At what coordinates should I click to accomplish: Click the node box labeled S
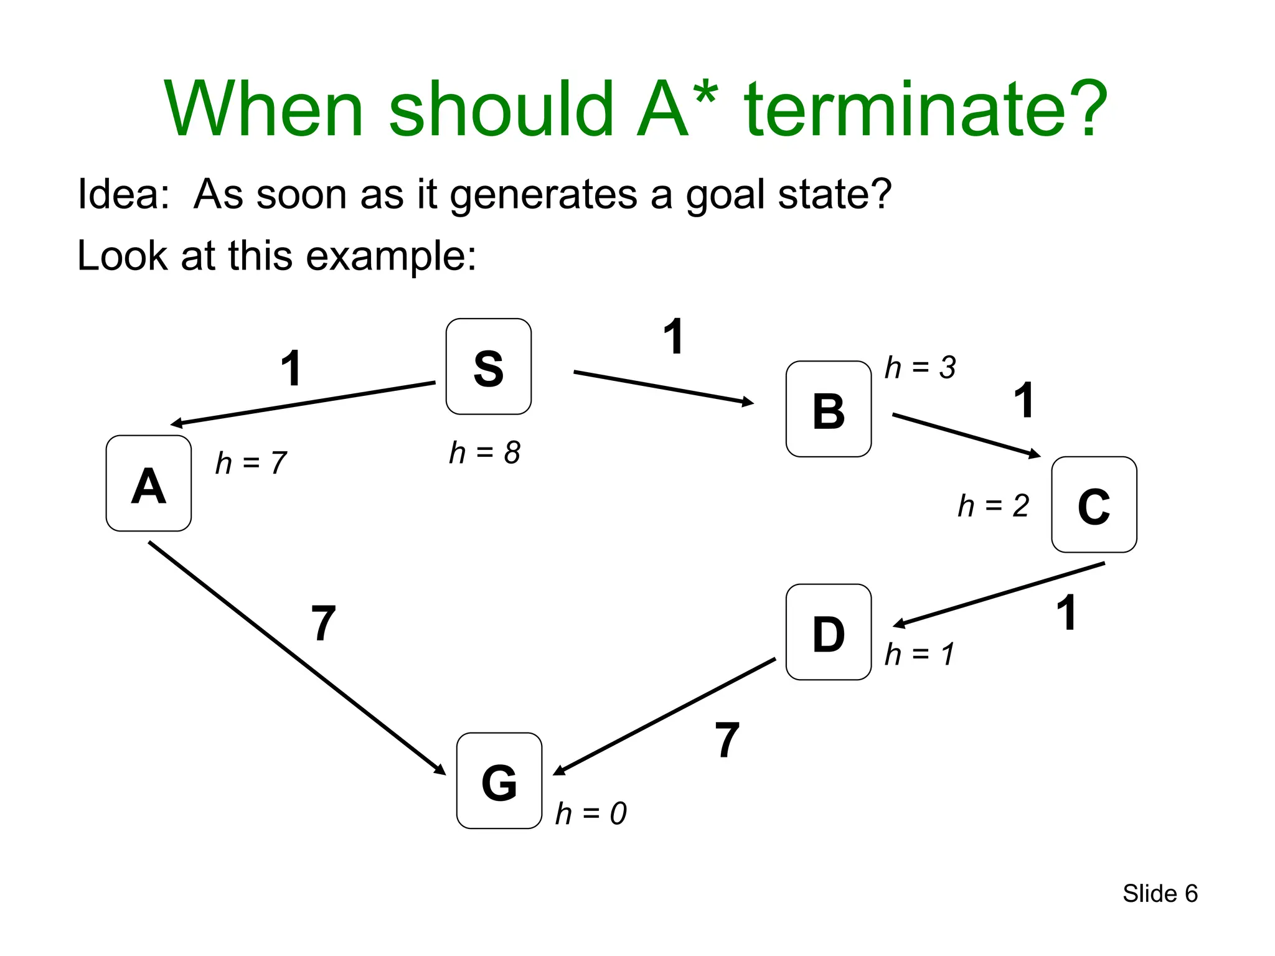(489, 367)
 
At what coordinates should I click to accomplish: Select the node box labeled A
(149, 484)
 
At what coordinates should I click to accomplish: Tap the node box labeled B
(829, 409)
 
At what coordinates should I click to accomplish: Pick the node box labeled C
(1094, 505)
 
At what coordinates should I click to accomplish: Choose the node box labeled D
(829, 632)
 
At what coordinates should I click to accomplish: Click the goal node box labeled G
(499, 780)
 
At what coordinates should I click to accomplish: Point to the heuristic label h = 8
(484, 452)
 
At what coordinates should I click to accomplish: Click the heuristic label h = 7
(251, 463)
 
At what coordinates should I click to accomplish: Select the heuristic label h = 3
(920, 367)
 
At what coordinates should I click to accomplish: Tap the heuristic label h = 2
(994, 505)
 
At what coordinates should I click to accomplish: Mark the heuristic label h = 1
(920, 654)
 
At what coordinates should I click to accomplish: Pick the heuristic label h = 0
(591, 813)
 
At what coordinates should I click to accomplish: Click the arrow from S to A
(303, 404)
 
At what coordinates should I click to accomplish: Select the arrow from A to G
(297, 658)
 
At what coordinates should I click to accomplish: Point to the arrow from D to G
(664, 716)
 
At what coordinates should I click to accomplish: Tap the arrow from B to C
(966, 435)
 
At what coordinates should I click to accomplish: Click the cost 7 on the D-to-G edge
(727, 740)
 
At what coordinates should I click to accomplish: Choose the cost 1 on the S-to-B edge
(674, 337)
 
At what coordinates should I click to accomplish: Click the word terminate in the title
(925, 109)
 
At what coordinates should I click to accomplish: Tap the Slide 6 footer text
(1160, 894)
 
